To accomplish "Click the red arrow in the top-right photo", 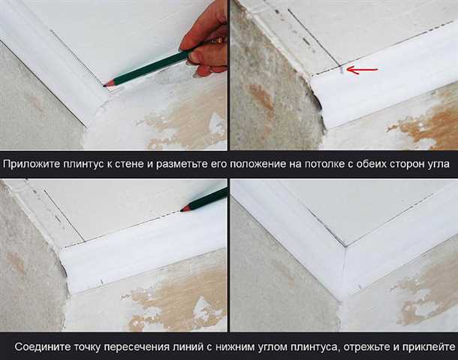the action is click(362, 70).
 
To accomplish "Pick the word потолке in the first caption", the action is click(324, 164).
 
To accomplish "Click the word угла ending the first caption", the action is click(438, 165).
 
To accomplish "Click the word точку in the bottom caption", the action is click(87, 347).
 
